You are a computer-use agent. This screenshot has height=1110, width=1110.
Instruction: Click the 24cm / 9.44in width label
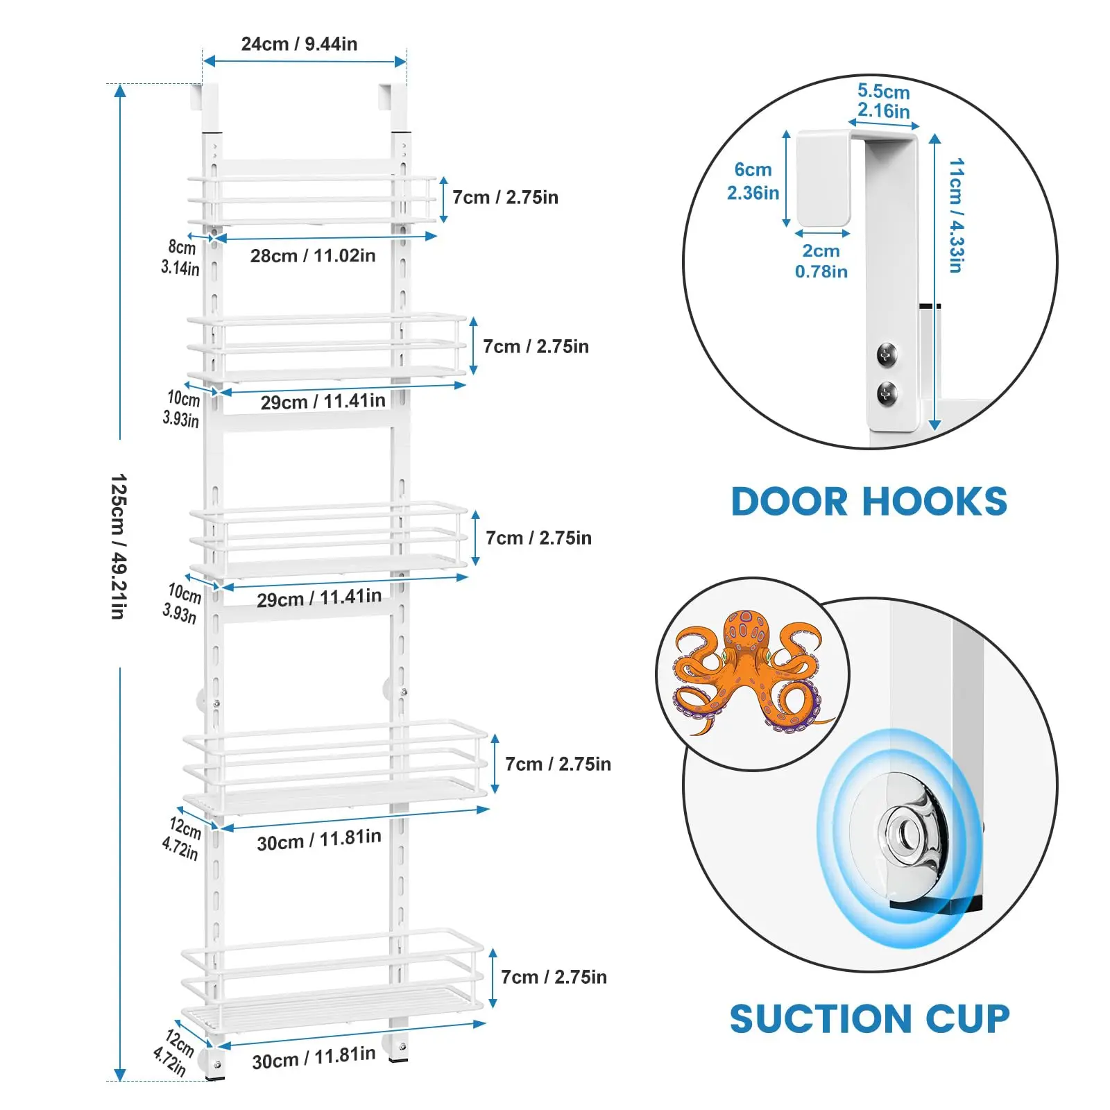click(299, 44)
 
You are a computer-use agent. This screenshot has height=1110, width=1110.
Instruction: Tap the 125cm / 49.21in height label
click(119, 547)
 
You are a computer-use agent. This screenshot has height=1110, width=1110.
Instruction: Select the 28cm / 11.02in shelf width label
click(313, 256)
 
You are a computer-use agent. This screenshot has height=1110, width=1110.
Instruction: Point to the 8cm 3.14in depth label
click(180, 257)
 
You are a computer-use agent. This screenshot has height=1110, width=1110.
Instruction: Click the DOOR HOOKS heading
click(869, 502)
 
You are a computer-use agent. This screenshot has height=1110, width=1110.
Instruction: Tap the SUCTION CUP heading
click(869, 1018)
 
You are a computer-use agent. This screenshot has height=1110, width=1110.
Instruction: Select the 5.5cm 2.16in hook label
click(883, 101)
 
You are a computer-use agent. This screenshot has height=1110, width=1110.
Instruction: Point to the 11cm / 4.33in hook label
click(956, 215)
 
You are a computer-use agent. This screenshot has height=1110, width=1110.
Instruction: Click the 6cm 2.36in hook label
click(753, 181)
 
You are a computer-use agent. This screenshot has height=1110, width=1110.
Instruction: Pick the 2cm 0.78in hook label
click(821, 261)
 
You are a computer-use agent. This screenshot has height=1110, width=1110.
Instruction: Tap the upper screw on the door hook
click(887, 354)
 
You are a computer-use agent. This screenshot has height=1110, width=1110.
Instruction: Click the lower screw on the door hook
click(887, 393)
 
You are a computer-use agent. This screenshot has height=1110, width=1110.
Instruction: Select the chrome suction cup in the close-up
click(904, 830)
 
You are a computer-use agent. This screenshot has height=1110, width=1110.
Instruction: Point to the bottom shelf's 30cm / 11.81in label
click(314, 1058)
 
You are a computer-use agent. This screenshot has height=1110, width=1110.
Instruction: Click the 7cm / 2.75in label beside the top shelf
click(505, 198)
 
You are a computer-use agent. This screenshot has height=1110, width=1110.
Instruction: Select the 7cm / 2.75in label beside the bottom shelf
click(554, 977)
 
